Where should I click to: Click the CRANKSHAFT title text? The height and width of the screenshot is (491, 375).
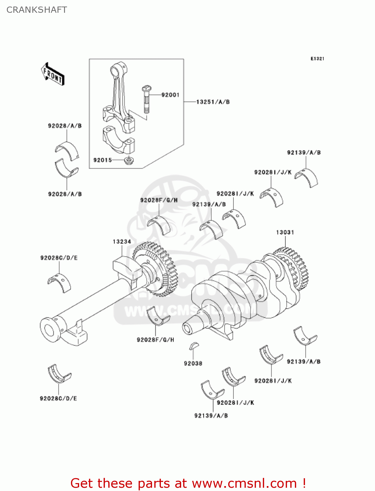coord(37,10)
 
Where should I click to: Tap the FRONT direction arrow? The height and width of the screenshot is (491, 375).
coord(53,74)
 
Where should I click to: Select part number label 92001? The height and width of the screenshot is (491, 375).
coord(170,95)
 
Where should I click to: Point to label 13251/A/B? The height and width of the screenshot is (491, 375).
coord(213,102)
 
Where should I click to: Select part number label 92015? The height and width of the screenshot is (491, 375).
coord(102,160)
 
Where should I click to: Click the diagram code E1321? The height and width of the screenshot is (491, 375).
coord(317,59)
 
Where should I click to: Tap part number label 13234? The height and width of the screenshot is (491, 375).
coord(122,242)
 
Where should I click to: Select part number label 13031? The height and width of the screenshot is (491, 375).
coord(285,232)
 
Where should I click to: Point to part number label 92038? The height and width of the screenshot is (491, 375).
coord(193,363)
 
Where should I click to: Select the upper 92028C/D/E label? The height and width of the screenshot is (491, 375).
coord(59,258)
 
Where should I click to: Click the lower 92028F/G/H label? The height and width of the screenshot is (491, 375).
coord(155,340)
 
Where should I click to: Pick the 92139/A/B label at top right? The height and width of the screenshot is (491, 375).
coord(304,153)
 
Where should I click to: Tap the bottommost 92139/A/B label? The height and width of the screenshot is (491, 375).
coord(211,416)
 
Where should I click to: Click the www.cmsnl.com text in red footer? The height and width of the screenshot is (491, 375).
coord(245,483)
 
